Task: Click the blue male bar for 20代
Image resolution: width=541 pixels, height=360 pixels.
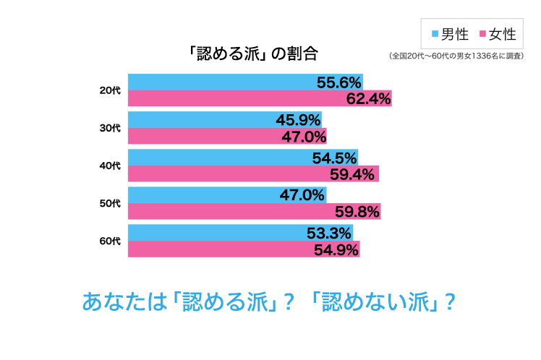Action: pos(217,82)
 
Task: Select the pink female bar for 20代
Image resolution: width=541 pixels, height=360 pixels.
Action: pos(231,98)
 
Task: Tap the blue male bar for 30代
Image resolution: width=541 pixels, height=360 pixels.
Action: pos(203,119)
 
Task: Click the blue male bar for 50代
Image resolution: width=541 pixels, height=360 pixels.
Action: pos(203,194)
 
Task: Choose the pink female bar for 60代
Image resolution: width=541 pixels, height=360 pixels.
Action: pos(217,249)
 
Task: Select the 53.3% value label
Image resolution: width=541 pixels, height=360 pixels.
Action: pos(329,233)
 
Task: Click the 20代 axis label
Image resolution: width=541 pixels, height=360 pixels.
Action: pos(110,90)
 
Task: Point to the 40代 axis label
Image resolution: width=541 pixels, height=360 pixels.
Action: pos(110,166)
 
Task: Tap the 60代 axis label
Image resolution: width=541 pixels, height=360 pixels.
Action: pos(110,241)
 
